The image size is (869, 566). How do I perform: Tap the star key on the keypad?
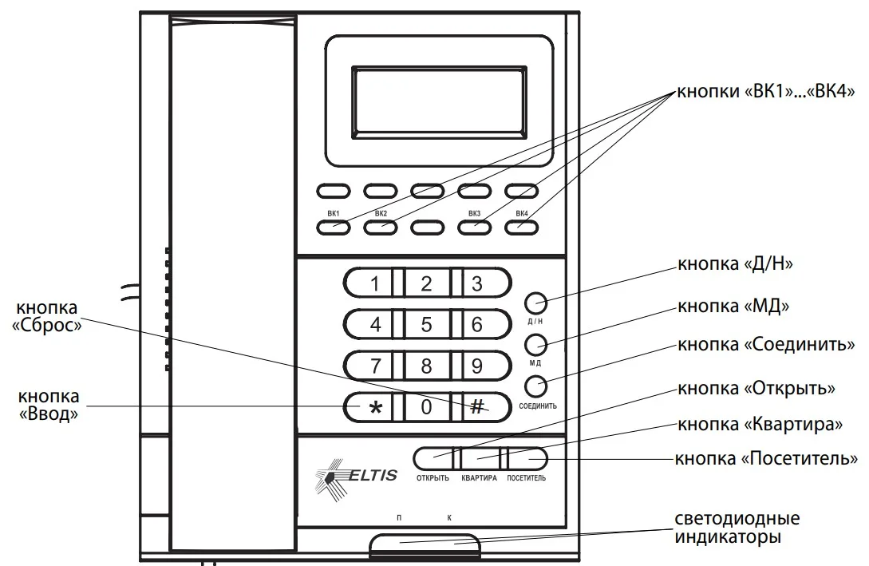coord(375,407)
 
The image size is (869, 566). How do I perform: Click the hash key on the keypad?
coord(477,407)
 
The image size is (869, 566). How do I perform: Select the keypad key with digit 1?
coord(375,283)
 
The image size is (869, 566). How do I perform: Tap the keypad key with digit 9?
coord(477,366)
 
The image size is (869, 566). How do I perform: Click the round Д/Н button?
coord(535,303)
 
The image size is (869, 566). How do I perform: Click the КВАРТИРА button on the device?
coord(480,458)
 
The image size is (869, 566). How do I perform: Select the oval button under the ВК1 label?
coord(333,227)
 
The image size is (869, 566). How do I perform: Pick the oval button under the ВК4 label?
coord(521,227)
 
